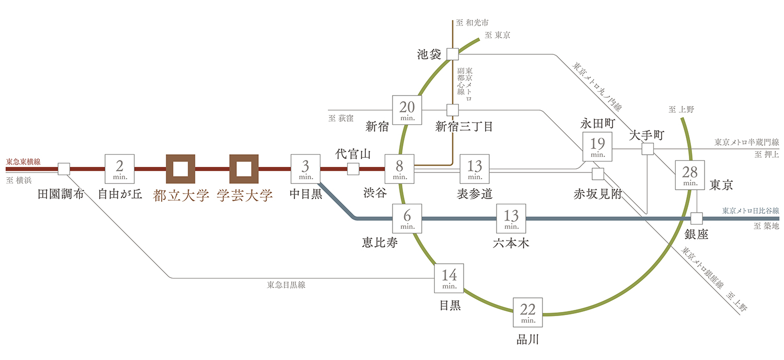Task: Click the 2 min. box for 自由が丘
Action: tap(120, 169)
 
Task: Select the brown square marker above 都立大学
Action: tap(181, 169)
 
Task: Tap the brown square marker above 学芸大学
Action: tap(244, 169)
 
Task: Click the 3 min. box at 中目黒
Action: tap(305, 169)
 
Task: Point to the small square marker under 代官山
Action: tap(353, 169)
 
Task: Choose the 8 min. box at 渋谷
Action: tap(399, 169)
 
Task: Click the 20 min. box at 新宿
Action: tap(407, 110)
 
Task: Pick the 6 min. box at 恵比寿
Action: tap(407, 218)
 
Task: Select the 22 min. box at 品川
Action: tap(528, 312)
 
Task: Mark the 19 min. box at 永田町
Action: tap(597, 147)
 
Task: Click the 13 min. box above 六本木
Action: tap(511, 218)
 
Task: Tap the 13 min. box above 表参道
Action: tap(475, 169)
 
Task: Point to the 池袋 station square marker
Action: tap(453, 54)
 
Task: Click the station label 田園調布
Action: tap(62, 195)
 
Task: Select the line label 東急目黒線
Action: tap(286, 285)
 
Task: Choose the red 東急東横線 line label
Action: tap(23, 162)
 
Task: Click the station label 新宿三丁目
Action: tap(464, 126)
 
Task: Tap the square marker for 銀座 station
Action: tap(697, 218)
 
